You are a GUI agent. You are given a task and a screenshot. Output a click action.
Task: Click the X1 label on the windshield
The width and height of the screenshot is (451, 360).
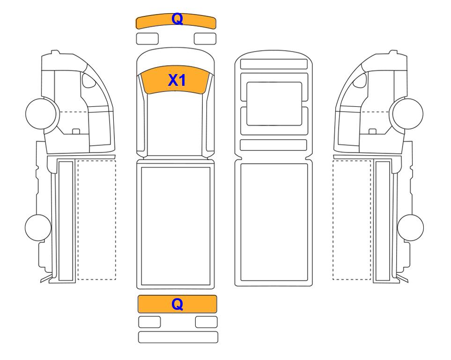click(177, 80)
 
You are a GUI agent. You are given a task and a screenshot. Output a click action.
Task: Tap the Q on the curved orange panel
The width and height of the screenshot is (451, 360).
click(177, 19)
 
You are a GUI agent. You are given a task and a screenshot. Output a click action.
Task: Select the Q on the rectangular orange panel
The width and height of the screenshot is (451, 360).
click(177, 304)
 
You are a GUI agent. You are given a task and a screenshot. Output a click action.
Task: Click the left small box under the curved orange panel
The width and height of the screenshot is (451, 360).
click(147, 39)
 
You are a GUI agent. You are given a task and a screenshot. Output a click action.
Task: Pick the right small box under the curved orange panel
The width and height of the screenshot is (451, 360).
click(205, 39)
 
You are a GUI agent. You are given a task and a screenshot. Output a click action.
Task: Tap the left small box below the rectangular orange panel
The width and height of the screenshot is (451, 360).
click(149, 322)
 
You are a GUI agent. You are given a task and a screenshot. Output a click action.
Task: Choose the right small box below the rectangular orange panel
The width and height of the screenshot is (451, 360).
click(207, 322)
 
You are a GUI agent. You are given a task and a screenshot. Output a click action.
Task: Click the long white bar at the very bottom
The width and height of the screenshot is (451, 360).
click(178, 337)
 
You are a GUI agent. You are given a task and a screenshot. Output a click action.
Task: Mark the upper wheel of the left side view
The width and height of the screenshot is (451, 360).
click(41, 113)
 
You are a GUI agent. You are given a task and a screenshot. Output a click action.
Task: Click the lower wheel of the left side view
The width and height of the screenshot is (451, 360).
click(38, 227)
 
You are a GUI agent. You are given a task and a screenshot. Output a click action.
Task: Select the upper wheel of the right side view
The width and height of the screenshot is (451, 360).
click(408, 113)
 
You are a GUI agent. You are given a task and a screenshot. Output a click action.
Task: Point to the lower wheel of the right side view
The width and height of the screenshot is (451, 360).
click(410, 227)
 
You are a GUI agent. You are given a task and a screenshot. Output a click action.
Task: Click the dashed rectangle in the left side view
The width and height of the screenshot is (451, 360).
click(96, 220)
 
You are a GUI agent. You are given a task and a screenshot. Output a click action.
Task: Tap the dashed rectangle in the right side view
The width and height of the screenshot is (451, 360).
click(352, 220)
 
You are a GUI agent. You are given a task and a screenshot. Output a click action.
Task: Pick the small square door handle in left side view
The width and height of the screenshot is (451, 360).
click(76, 132)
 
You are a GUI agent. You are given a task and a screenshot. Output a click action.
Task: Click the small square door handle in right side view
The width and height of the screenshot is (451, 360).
click(372, 132)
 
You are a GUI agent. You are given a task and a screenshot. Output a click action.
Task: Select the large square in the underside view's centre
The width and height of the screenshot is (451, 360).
click(274, 104)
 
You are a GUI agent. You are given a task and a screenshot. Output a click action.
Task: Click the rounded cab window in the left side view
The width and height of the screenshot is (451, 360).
click(89, 80)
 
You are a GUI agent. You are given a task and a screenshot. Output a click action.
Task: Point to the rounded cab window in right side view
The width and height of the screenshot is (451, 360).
click(361, 80)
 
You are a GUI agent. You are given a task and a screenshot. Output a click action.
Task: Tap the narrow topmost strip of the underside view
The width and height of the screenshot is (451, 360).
click(274, 64)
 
